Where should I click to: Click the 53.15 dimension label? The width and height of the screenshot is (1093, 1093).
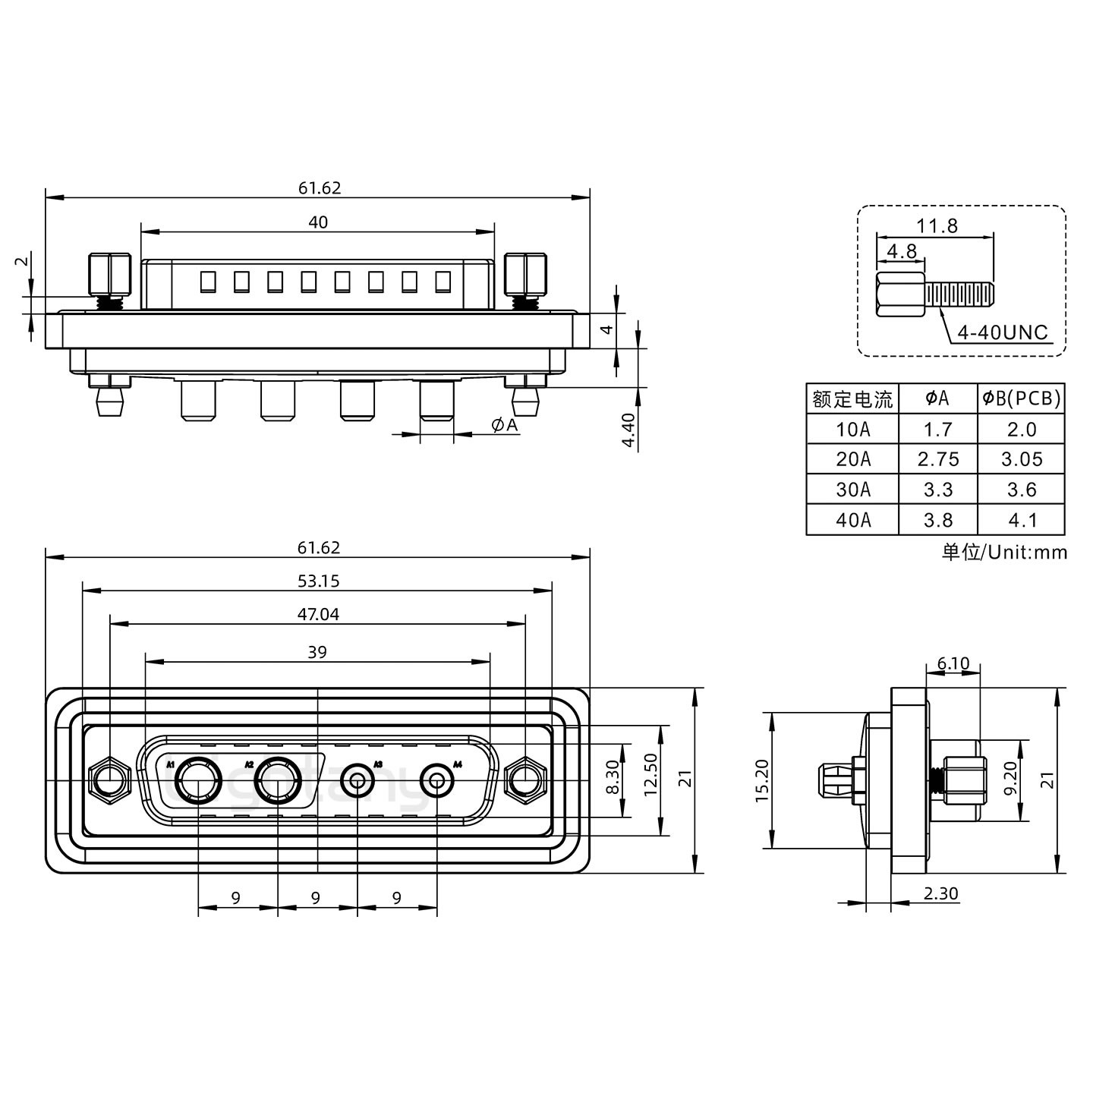coord(318,581)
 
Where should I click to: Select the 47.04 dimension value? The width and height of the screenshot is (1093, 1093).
coord(318,615)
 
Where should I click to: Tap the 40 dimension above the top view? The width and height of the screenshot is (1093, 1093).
coord(318,222)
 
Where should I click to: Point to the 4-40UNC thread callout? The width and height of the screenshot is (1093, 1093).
coord(1002,332)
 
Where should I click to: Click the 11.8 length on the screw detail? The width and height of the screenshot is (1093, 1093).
coord(937,225)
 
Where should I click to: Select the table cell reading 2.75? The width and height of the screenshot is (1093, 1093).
coord(937,459)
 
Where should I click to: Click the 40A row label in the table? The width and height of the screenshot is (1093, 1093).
coord(852,520)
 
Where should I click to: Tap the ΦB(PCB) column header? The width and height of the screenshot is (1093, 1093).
coord(1021,398)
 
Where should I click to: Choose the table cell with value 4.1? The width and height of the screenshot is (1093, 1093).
coord(1021,520)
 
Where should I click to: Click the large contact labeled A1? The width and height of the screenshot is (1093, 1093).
coord(197,781)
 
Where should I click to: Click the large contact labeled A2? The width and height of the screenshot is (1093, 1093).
coord(277,781)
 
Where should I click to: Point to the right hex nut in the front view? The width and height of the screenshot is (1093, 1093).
coord(525,780)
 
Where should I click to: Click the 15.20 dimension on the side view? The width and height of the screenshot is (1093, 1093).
coord(763,780)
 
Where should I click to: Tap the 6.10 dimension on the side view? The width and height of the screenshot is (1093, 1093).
coord(953,664)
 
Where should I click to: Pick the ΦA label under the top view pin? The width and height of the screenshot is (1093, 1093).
coord(504,425)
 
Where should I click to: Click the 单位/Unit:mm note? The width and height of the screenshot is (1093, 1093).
coord(1003,553)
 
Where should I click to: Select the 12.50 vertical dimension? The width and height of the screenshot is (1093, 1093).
coord(650,780)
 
